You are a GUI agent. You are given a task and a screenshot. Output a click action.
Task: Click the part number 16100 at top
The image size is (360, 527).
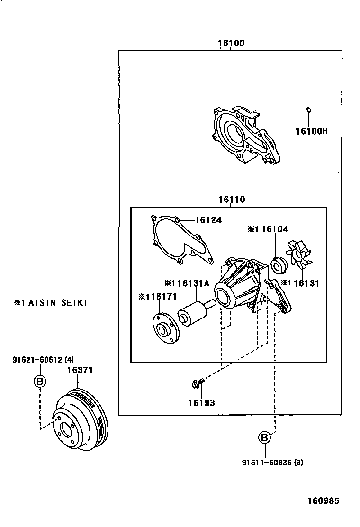(x=231, y=43)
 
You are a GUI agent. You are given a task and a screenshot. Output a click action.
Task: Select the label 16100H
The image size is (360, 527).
(x=311, y=131)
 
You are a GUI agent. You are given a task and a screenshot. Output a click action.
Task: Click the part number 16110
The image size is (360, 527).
(x=232, y=200)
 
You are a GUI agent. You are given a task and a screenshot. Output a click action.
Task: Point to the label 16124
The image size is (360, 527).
(x=208, y=220)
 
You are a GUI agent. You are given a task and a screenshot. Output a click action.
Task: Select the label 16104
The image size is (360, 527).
(x=274, y=229)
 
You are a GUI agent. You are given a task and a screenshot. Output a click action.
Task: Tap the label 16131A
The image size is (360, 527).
(x=193, y=283)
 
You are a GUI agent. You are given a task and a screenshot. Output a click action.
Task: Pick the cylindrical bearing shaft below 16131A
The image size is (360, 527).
(x=191, y=316)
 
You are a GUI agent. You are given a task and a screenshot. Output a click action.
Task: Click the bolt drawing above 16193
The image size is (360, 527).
(x=198, y=382)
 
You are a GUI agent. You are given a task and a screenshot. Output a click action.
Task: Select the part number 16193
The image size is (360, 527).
(x=201, y=403)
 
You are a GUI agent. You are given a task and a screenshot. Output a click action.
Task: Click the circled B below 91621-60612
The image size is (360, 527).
(x=40, y=381)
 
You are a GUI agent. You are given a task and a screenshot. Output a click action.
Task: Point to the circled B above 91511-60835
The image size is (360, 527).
(x=265, y=438)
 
